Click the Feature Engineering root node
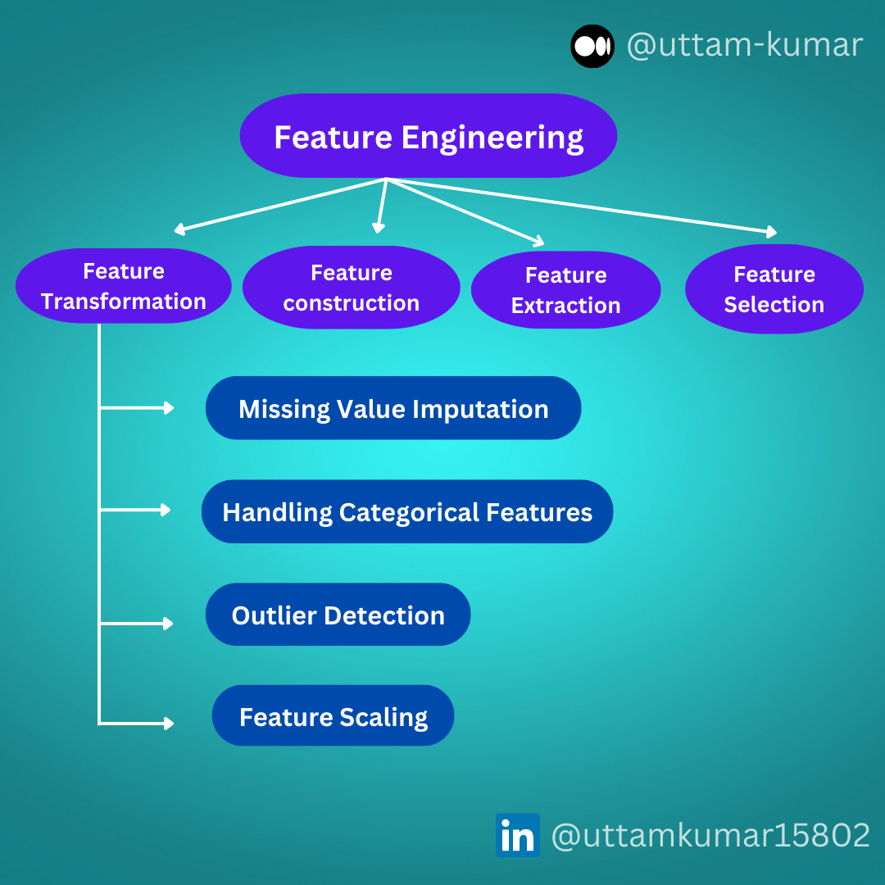coord(428,135)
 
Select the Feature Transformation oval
coord(124,286)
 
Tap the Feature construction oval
coord(351,288)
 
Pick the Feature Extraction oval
coord(565,289)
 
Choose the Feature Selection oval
coord(774,288)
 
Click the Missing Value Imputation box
coord(393,407)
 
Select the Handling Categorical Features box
coord(407,511)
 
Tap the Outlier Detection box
coord(338,614)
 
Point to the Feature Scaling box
coord(333,715)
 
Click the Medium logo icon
coord(592,46)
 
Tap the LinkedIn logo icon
coord(518,835)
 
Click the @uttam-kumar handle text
coord(744,45)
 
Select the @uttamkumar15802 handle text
coord(710,835)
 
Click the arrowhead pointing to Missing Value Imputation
coord(169,407)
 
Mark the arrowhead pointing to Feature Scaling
coord(169,723)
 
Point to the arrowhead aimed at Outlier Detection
coord(168,623)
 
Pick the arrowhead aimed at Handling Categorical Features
coord(166,510)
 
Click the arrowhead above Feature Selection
coord(772,231)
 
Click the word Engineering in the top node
coord(492,138)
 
